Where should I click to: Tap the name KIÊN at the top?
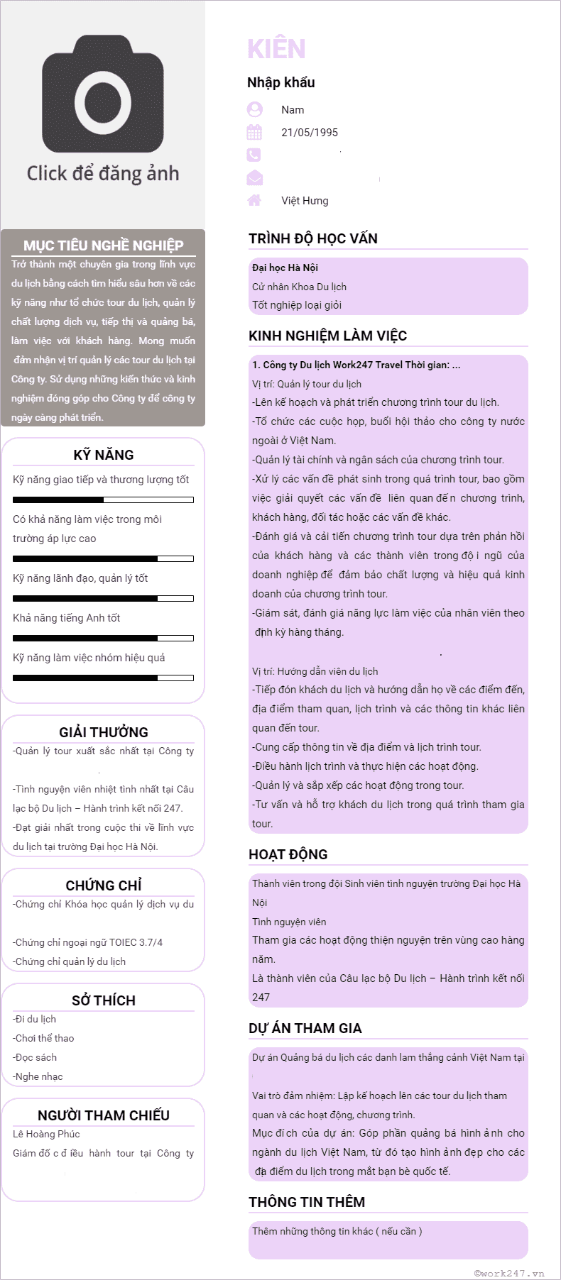[276, 49]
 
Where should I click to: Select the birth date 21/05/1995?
[310, 133]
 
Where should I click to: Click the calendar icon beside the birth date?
[254, 133]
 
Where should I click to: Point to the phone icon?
[254, 155]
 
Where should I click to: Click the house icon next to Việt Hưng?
[254, 200]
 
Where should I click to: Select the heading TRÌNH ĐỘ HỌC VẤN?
[313, 238]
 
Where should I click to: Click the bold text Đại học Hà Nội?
[285, 267]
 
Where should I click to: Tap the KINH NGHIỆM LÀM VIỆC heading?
[327, 336]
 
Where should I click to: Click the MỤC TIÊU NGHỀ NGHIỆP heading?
[104, 245]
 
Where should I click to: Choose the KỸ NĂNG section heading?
[104, 455]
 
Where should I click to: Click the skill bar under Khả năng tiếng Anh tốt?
[104, 639]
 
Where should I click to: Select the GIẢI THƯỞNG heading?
[104, 732]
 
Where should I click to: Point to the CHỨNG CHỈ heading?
[104, 885]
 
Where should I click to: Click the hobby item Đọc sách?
[36, 1057]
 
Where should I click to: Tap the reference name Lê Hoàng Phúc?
[46, 1134]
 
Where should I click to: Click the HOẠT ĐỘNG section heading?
[288, 854]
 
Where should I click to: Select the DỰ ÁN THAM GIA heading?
[305, 1028]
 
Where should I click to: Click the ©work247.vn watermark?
[509, 1273]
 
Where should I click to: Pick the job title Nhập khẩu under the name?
[281, 82]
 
